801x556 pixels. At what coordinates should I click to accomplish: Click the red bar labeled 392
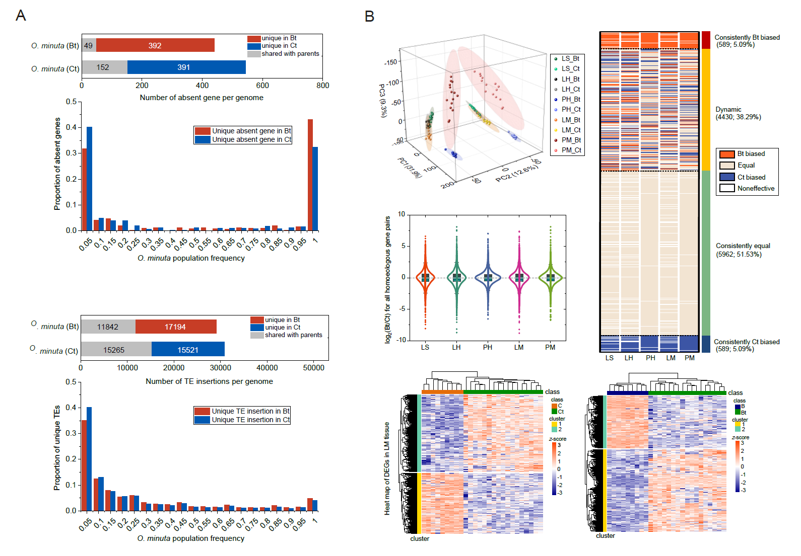pos(155,45)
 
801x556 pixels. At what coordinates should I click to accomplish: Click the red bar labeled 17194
pos(176,327)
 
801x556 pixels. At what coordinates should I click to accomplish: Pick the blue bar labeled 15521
pos(188,349)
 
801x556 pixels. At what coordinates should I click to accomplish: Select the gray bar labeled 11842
pos(108,327)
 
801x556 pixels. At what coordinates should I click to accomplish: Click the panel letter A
pos(21,16)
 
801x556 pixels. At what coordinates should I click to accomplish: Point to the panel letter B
pos(369,17)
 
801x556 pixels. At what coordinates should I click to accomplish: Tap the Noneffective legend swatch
pos(727,188)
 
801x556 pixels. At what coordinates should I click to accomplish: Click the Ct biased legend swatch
pos(727,177)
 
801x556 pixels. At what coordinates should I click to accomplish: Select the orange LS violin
pos(425,278)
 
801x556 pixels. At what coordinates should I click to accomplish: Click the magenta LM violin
pos(519,278)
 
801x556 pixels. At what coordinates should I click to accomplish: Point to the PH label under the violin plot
pos(488,347)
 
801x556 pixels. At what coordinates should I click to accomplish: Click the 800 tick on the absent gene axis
pos(323,86)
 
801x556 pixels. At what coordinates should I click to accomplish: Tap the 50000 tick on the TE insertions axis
pos(313,368)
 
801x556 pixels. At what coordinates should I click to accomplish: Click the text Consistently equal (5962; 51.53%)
pos(743,250)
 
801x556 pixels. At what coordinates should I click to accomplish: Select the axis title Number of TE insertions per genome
pos(209,381)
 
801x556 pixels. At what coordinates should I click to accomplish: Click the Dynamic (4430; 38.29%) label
pos(738,113)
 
